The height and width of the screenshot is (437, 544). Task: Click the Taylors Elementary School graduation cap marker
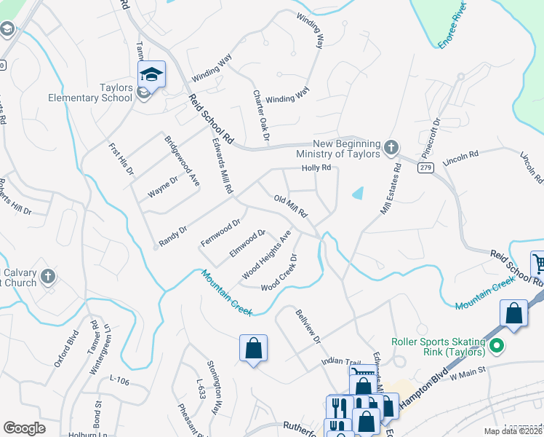point(152,74)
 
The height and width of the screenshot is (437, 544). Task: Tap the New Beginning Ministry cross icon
point(391,147)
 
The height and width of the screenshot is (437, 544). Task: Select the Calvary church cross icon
point(47,276)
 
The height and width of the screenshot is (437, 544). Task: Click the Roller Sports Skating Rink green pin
point(497,345)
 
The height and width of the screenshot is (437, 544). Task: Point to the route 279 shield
point(425,168)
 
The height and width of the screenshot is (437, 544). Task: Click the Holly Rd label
point(316,168)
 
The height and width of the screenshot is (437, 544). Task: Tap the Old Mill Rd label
point(291,207)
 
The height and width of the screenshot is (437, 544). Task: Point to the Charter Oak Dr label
point(261,115)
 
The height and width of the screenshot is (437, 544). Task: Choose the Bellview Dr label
point(308,326)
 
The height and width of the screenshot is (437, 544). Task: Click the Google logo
point(24,428)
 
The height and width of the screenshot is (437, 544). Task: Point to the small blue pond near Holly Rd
point(357,193)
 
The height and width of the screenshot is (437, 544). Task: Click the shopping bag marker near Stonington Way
point(253,347)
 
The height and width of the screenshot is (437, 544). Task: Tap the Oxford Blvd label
point(65,350)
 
